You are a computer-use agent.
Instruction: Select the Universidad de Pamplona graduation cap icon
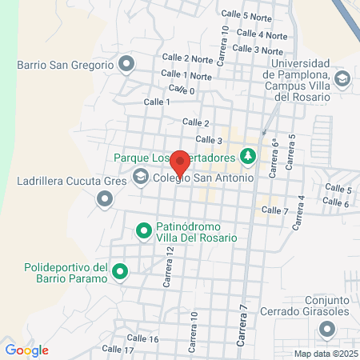click(x=342, y=78)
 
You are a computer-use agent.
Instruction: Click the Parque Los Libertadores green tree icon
click(x=248, y=157)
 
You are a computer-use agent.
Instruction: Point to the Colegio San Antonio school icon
click(x=141, y=178)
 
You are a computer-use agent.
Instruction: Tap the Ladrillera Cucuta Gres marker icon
click(x=104, y=202)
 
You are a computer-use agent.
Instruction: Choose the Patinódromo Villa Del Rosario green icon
click(x=144, y=231)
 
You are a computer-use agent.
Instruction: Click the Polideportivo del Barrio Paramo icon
click(x=121, y=273)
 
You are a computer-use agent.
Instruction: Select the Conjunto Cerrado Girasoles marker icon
click(x=326, y=329)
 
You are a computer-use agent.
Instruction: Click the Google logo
click(x=26, y=350)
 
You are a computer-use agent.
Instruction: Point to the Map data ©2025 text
click(x=325, y=353)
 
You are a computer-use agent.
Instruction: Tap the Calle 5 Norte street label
click(x=246, y=16)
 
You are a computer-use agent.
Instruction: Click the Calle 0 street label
click(x=182, y=91)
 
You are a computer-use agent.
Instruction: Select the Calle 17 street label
click(x=118, y=350)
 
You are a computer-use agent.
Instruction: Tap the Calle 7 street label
click(x=275, y=210)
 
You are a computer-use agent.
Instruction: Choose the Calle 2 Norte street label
click(x=186, y=58)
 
